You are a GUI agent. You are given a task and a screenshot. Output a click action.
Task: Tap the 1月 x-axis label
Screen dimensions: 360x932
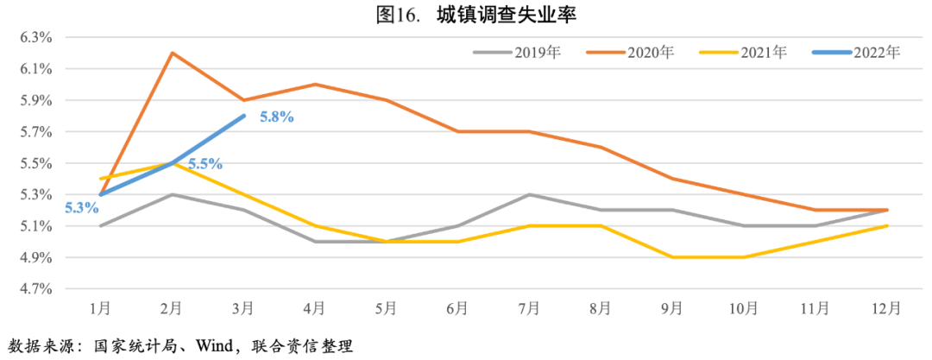(101, 308)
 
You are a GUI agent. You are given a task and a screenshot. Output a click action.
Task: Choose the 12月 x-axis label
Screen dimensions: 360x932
(888, 308)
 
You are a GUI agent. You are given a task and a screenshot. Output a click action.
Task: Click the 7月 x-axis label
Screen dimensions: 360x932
(530, 308)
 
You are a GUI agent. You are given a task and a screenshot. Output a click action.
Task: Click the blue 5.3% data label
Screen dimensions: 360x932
(79, 207)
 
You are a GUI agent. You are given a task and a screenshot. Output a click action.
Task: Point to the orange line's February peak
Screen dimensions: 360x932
(173, 53)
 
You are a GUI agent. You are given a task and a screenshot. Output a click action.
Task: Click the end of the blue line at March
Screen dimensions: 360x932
(244, 116)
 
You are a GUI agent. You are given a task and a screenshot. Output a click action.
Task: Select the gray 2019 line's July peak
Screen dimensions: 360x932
(530, 194)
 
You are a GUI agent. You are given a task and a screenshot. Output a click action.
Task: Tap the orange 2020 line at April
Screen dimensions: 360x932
(316, 85)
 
